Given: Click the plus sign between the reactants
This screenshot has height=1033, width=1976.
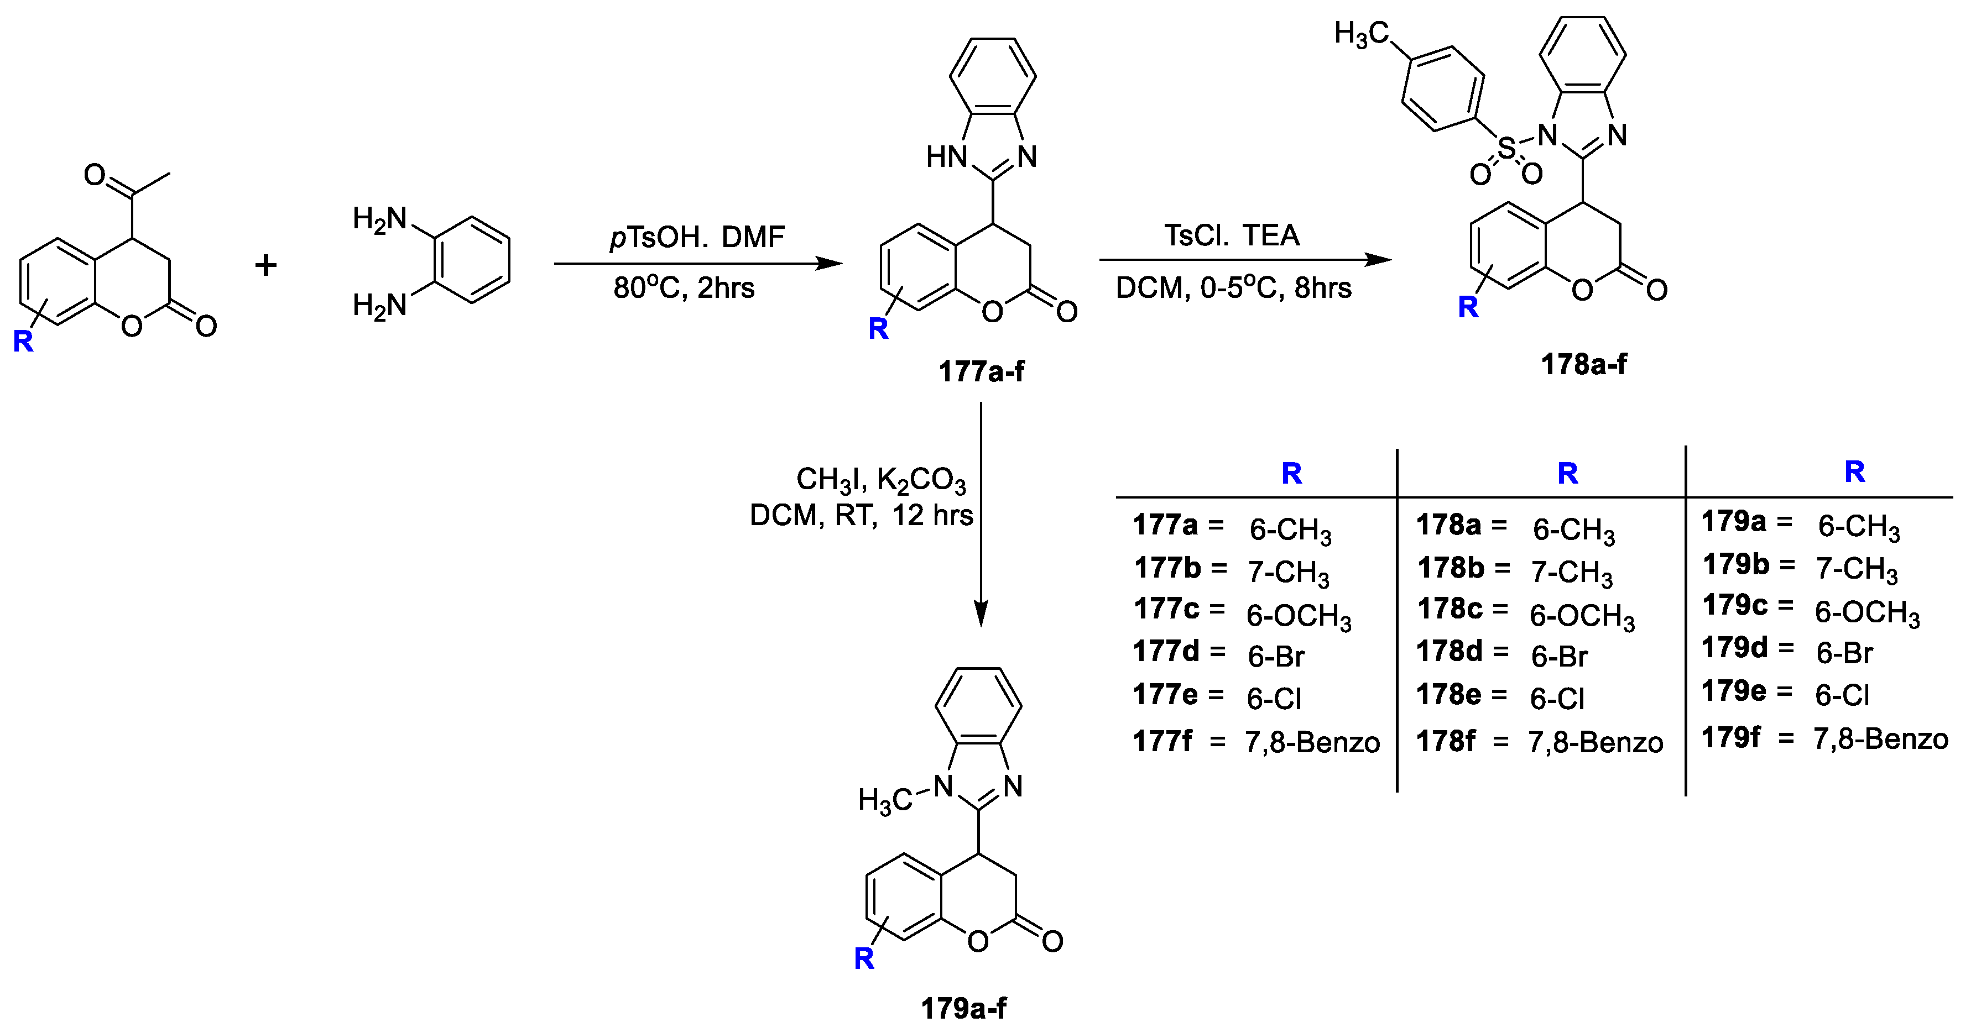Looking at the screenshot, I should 265,265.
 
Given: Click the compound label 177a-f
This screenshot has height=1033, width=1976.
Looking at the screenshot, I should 981,372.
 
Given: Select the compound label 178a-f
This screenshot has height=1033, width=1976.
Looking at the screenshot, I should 1584,364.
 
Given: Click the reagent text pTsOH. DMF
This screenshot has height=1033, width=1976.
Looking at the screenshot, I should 697,237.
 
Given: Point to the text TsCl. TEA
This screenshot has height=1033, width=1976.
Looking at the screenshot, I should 1232,235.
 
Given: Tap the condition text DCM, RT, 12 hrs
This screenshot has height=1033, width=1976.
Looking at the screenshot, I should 861,515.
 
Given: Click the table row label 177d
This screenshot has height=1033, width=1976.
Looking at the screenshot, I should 1166,652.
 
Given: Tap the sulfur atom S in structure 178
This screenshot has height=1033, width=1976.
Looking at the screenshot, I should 1506,148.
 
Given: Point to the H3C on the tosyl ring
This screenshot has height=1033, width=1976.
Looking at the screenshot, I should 1362,34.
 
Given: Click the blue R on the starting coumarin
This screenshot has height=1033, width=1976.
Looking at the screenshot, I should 23,340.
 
